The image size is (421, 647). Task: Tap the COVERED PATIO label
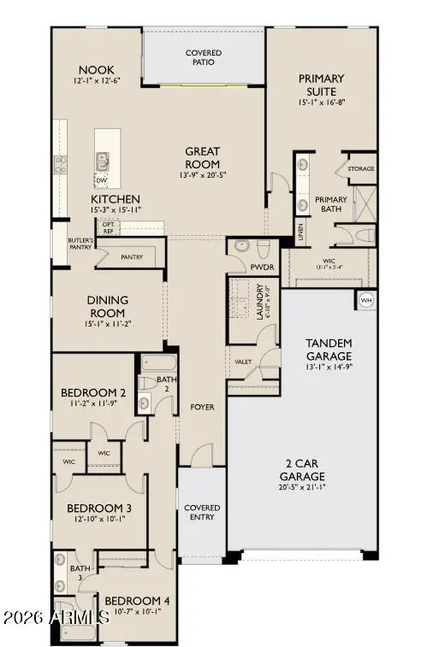coord(204,58)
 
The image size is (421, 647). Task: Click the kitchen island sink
coord(104,158)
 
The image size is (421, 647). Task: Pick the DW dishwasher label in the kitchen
coord(101,180)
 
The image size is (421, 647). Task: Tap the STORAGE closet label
coord(360,169)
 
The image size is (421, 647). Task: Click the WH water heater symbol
coord(366,300)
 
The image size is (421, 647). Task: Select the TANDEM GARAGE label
coord(329,349)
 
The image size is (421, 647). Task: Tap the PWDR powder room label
coord(261,268)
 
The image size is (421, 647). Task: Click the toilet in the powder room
coord(263,248)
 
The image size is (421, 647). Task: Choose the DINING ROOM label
coord(107,306)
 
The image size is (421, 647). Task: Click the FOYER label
coord(201,407)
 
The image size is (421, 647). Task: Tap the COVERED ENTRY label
coord(202,513)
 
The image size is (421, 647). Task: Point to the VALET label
coord(243,362)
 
